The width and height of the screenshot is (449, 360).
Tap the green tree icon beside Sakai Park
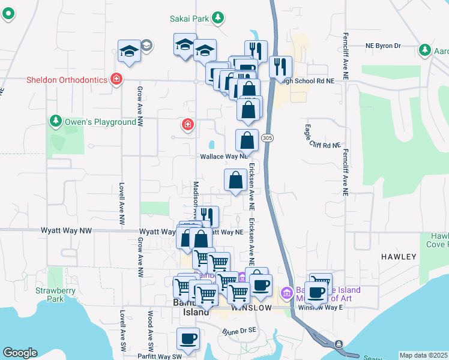tap(218, 18)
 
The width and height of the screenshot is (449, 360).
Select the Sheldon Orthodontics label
tap(67, 80)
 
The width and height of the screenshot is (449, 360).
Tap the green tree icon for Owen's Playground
tap(56, 122)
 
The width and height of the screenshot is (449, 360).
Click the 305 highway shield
tap(268, 138)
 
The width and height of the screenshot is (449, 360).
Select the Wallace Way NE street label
tap(223, 156)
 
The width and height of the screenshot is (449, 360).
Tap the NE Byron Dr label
tap(391, 46)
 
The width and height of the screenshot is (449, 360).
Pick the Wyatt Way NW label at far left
tap(66, 230)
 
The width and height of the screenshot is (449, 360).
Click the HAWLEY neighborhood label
tap(398, 257)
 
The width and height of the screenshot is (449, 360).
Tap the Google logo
tap(20, 353)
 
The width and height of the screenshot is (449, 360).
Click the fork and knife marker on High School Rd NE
tap(280, 67)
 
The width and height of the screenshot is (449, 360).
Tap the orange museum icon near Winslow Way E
tap(287, 293)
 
